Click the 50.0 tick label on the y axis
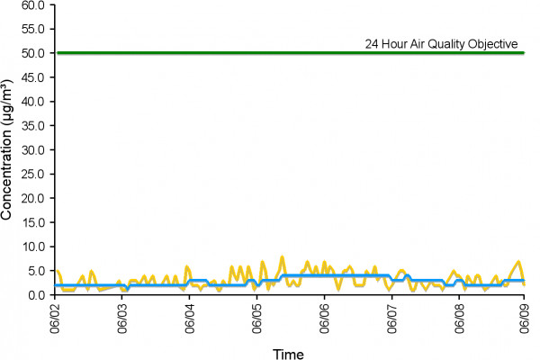pos(33,53)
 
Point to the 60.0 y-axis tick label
pos(33,5)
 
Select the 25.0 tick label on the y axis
pos(33,174)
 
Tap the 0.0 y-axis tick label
pos(36,295)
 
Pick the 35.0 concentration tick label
pos(33,126)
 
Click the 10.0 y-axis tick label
pos(33,247)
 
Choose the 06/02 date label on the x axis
pos(55,319)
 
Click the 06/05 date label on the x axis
pos(256,319)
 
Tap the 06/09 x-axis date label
pos(525,319)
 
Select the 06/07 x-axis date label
pos(391,319)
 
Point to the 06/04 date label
pos(190,319)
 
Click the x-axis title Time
pos(288,354)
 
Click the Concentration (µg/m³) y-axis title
pos(6,150)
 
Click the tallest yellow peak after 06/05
pos(283,256)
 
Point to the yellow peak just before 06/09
pos(518,262)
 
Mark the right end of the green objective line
pos(524,53)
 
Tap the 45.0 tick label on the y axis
pos(33,77)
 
